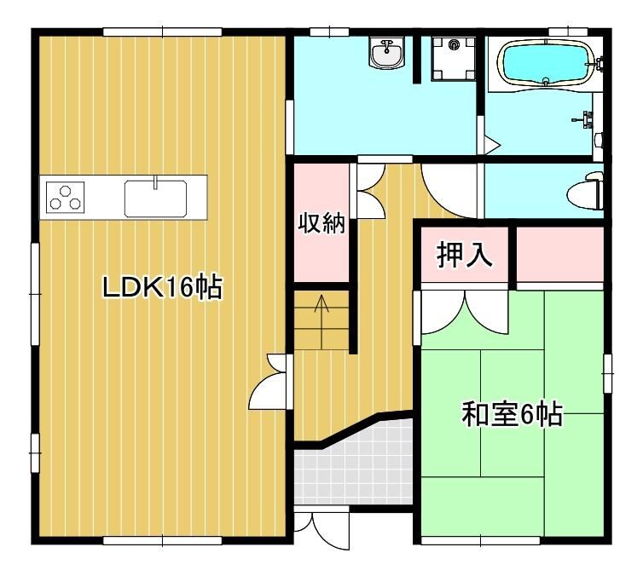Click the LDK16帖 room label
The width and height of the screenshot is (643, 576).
coord(162,287)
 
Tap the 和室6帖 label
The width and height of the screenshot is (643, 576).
coord(513,414)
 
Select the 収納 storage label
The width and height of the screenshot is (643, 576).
coord(321,223)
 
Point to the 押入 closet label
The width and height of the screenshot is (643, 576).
coord(464,255)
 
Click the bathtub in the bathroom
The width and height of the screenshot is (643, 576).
coord(546,64)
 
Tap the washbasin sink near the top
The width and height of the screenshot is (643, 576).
coord(386,53)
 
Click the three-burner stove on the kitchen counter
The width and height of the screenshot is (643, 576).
coord(65,198)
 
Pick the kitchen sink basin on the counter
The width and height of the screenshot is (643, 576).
coord(156,199)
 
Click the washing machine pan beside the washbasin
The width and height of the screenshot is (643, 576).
coord(453,59)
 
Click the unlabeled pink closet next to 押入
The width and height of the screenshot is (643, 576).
coord(559,255)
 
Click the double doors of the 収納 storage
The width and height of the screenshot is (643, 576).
coord(369,191)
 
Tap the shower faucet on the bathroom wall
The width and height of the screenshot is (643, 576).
coord(583,118)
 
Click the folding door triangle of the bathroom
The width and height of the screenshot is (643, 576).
coord(491,145)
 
